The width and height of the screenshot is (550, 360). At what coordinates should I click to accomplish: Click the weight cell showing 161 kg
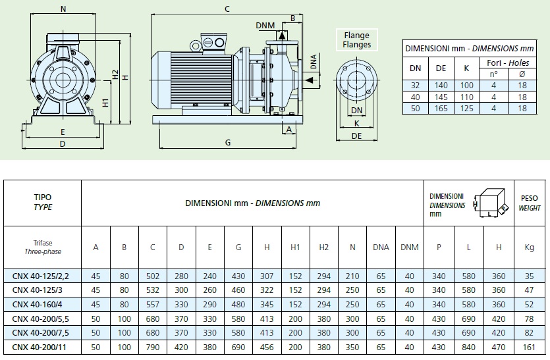[x=529, y=346]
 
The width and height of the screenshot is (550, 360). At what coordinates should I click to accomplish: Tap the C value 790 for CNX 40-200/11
[x=153, y=346]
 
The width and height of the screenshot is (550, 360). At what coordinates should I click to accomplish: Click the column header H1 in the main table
[x=296, y=247]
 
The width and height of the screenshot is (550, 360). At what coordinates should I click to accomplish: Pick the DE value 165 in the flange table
[x=441, y=108]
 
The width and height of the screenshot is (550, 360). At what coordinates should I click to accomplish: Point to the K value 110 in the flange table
[x=466, y=96]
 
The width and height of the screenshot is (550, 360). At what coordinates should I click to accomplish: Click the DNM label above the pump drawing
[x=266, y=25]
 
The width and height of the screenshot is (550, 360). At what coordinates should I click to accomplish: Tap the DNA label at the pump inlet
[x=314, y=62]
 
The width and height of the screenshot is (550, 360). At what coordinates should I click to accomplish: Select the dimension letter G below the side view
[x=227, y=142]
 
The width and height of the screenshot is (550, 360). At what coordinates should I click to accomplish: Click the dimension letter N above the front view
[x=63, y=9]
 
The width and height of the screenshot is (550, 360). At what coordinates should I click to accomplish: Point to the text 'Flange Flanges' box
[x=356, y=39]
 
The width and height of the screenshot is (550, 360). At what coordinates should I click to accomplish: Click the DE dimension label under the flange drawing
[x=356, y=136]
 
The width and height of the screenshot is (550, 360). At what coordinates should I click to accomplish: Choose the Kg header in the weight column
[x=529, y=247]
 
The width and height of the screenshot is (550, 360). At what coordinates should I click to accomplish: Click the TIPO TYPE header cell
[x=43, y=201]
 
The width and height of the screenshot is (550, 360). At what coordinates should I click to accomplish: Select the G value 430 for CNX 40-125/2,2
[x=238, y=275]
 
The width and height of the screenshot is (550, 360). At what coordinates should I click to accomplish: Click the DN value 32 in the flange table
[x=416, y=85]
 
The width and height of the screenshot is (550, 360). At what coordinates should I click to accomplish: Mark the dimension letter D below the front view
[x=63, y=143]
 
